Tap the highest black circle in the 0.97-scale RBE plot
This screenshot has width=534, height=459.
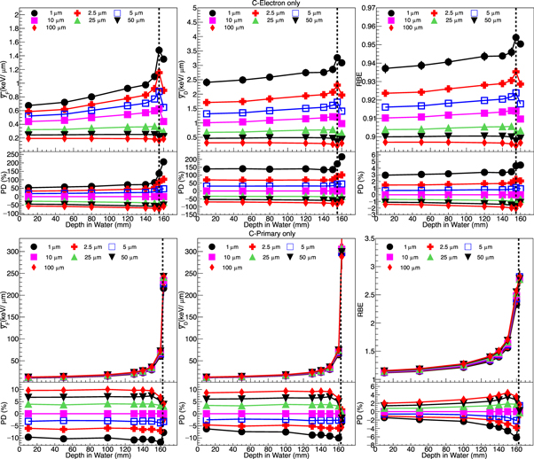coord(516,38)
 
